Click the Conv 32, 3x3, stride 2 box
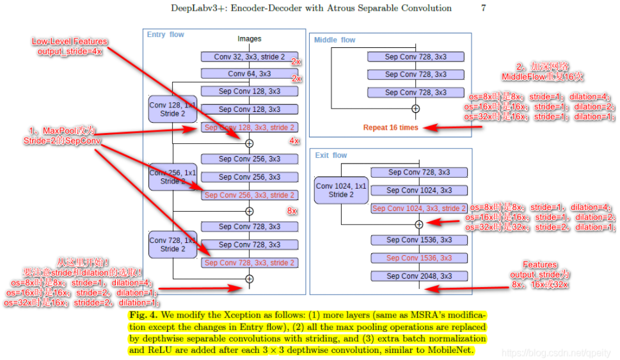coord(250,57)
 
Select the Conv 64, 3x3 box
coord(250,74)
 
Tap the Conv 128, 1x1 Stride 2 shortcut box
coord(172,109)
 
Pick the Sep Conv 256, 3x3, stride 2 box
coord(250,195)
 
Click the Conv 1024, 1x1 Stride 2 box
coord(342,190)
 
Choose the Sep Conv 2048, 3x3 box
coord(418,276)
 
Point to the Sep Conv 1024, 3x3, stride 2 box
coord(418,208)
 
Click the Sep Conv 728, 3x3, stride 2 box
coord(250,263)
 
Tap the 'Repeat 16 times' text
coord(390,127)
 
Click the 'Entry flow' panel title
coord(166,35)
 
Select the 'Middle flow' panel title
coord(335,40)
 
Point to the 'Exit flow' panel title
coord(331,155)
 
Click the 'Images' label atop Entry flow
coord(250,39)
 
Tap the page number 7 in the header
coord(484,8)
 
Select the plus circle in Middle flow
coord(415,109)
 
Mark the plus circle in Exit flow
coord(419,224)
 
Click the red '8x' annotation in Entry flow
coord(292,210)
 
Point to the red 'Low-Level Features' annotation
coord(70,42)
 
